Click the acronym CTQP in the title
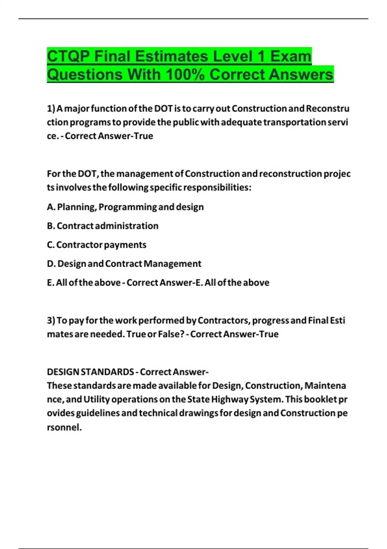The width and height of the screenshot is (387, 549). coord(68,57)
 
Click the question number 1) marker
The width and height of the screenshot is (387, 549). coord(51,109)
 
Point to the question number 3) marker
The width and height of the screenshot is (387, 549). coord(51,320)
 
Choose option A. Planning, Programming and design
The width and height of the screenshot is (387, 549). coord(125,207)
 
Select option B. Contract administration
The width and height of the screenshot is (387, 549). coord(103,226)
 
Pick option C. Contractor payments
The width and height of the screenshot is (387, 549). coord(96,245)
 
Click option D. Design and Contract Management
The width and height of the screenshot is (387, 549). coord(124,264)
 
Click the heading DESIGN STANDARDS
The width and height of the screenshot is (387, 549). coord(90,372)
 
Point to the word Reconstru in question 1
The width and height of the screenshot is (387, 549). coord(327,109)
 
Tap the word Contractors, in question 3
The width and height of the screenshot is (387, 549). coord(224,320)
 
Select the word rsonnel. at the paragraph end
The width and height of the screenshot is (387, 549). coord(64,427)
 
